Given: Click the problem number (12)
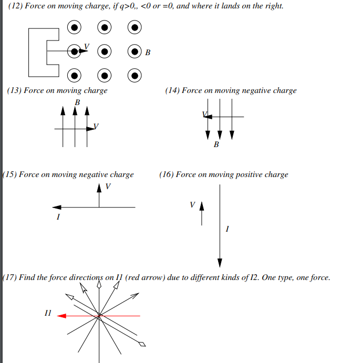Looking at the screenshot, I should point(16,7).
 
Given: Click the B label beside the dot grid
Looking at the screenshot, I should point(148,53).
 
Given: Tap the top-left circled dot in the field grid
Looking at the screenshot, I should point(75,27).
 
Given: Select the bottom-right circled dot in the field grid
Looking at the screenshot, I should point(135,76).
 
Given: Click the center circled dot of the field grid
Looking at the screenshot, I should point(105,51).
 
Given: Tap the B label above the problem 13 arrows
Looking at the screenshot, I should point(77,102).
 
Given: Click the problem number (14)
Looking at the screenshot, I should point(172,90).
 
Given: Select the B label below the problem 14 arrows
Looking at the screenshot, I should point(216,144).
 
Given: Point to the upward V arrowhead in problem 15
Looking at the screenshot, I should point(99,188).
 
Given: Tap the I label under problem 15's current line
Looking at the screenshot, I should point(58,216).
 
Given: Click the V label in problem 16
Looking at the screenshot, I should point(192,204).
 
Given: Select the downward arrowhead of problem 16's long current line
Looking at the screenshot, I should point(220,263).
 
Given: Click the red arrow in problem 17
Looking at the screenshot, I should point(61,316).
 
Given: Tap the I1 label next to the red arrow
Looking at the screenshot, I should point(48,313).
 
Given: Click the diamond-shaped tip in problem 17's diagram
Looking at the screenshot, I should point(142,345).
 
